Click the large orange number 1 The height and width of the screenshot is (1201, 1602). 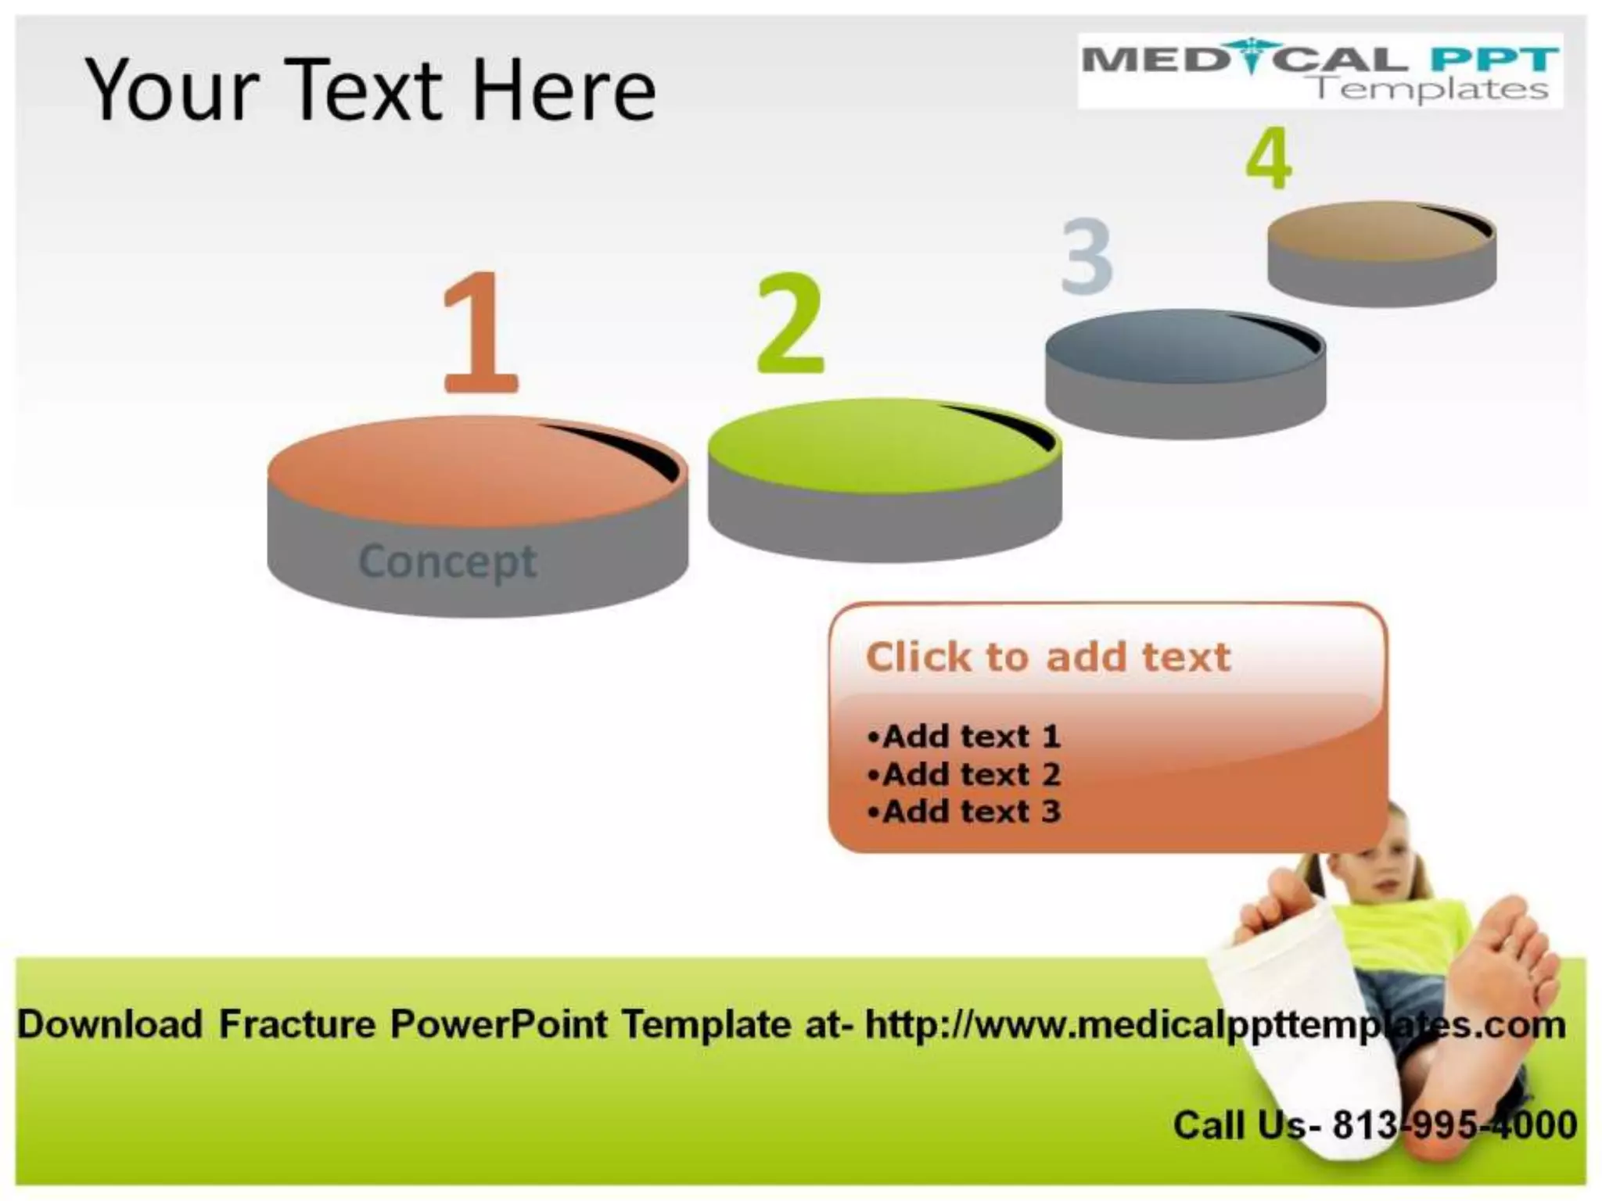coord(479,332)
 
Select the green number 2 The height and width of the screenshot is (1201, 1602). coord(790,324)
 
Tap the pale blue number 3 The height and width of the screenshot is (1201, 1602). coord(1087,256)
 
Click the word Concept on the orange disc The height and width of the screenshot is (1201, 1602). coord(447,561)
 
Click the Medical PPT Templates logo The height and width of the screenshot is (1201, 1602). coord(1320,70)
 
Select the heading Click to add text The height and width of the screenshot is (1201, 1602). coord(1048,657)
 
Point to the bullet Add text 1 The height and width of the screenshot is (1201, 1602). coord(964,736)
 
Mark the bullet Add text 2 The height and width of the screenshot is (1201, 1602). coord(964,774)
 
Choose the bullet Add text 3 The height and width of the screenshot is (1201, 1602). coord(964,812)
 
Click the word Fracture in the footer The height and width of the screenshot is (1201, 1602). coord(297,1024)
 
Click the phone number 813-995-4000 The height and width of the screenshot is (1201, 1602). coord(1454,1124)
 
